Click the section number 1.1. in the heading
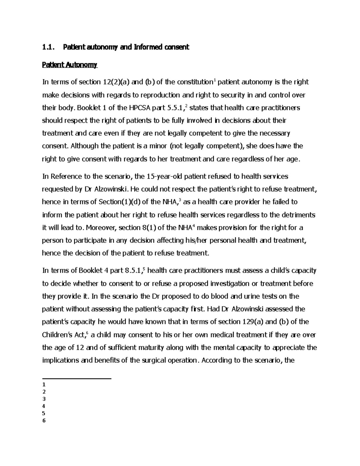click(49, 47)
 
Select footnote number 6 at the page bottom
click(44, 420)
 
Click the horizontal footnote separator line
click(77, 379)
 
